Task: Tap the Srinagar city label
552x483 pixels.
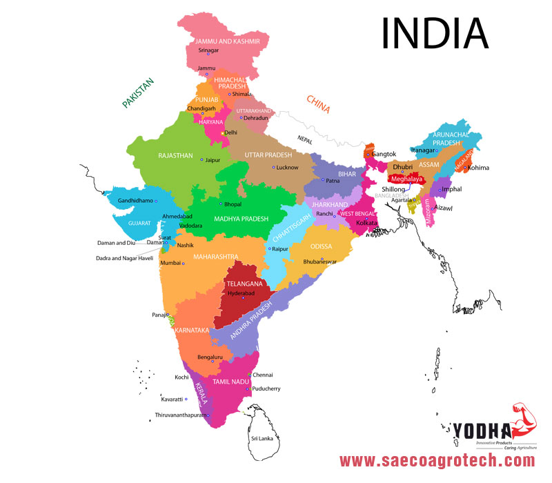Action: [x=208, y=50]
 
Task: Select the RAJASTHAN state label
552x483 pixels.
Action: [x=175, y=156]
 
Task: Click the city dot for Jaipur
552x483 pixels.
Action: [x=201, y=160]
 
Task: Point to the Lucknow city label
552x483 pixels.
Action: [x=287, y=168]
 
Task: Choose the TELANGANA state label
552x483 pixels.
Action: [x=245, y=284]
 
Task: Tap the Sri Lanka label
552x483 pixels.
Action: [x=262, y=438]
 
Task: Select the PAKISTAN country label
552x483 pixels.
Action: [x=138, y=92]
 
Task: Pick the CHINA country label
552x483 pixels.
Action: [x=318, y=104]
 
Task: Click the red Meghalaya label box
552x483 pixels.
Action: [x=404, y=179]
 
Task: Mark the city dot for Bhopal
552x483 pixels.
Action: [x=221, y=204]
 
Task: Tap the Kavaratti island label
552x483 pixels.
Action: [x=173, y=399]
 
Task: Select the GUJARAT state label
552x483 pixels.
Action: [x=138, y=224]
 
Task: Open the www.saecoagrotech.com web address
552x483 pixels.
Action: [x=437, y=460]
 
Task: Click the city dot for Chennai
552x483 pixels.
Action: [x=249, y=375]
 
